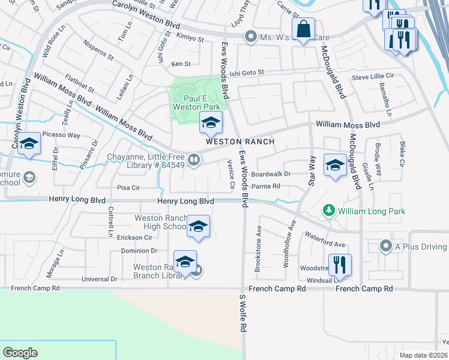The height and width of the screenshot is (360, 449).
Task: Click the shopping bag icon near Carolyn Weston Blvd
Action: click(x=304, y=28)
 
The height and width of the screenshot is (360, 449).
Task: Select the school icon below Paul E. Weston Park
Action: click(x=210, y=123)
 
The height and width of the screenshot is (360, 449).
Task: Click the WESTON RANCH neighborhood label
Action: click(x=240, y=142)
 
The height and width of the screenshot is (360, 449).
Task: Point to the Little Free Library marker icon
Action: click(x=194, y=160)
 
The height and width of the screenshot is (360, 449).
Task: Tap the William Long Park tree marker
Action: click(x=328, y=211)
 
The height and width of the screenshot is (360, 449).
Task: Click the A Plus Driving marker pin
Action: click(x=387, y=246)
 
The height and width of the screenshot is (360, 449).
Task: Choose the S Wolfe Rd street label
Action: click(x=243, y=314)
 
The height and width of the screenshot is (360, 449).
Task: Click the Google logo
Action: click(x=20, y=353)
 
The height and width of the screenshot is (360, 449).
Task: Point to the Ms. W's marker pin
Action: click(x=251, y=37)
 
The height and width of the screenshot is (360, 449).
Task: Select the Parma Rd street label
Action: click(x=266, y=187)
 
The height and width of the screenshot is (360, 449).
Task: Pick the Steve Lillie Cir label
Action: click(x=372, y=77)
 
